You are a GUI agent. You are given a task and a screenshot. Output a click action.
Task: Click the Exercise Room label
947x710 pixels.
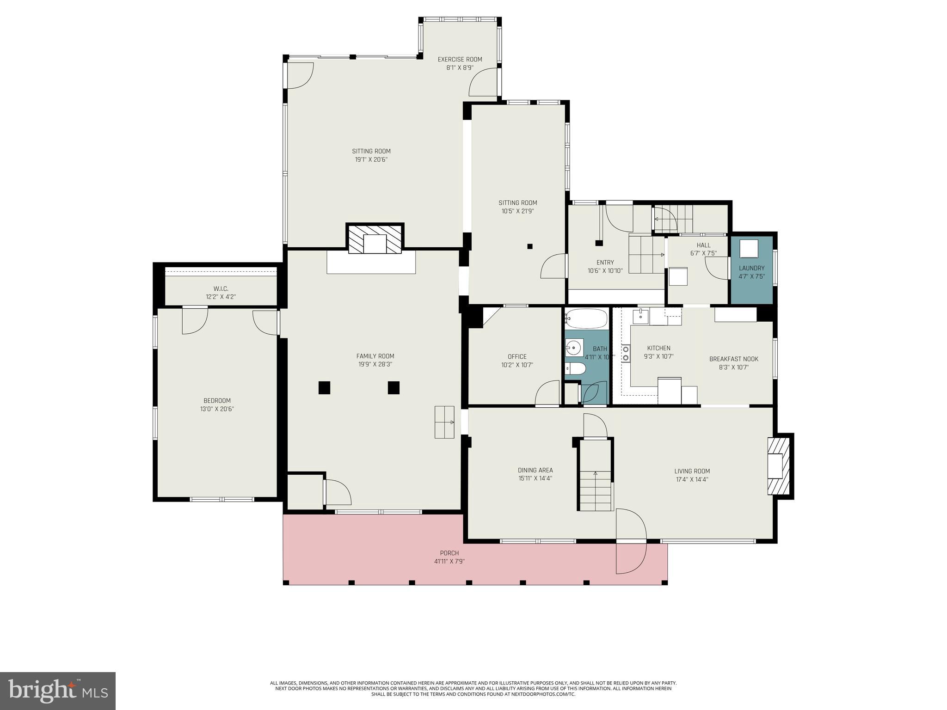460,59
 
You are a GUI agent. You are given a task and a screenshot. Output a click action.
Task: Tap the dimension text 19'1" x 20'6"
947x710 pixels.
371,159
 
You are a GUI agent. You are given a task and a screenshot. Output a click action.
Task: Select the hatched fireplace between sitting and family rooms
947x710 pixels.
375,239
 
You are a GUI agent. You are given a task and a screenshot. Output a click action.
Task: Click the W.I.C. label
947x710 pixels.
221,288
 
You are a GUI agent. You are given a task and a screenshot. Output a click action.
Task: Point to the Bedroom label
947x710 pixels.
217,401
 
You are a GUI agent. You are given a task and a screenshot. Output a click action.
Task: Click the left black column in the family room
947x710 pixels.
325,387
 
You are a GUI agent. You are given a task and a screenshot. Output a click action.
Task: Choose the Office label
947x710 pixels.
517,356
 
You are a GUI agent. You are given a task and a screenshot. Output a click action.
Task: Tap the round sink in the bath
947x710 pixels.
574,347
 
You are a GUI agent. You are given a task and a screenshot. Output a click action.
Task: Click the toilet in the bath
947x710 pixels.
575,368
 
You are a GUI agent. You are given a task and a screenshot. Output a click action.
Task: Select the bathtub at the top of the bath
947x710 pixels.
586,318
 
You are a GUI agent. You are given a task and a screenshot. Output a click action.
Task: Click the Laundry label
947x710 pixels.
751,268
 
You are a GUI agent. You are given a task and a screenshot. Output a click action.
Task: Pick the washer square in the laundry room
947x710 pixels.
749,249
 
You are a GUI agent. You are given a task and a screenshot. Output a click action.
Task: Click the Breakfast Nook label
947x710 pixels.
733,359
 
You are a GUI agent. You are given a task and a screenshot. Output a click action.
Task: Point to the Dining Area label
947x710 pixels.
535,470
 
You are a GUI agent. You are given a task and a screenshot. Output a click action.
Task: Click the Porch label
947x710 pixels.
449,553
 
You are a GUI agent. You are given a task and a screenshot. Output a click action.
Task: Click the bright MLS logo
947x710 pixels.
58,691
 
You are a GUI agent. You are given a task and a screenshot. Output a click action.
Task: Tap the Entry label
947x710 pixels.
605,263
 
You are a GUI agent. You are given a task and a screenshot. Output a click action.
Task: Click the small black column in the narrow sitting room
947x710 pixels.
530,246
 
